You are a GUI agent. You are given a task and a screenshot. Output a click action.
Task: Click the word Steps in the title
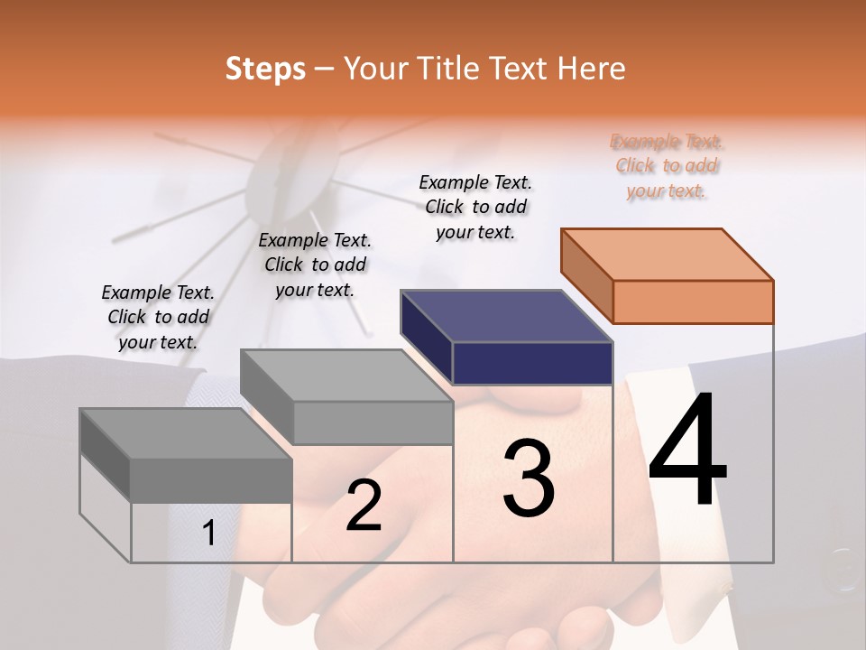tap(265, 69)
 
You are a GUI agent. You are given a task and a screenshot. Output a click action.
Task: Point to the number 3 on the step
tap(529, 478)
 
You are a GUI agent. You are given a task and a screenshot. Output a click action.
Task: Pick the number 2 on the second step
tap(364, 506)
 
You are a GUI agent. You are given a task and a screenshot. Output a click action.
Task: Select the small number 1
tap(209, 534)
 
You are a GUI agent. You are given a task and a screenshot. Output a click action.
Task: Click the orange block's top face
tap(666, 255)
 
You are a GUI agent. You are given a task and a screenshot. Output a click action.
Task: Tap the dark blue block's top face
tap(506, 316)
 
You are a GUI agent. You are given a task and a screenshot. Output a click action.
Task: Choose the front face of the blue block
tap(532, 363)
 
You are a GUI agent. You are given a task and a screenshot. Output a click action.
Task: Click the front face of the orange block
tap(693, 302)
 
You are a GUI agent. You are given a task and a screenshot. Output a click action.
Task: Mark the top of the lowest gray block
tap(186, 433)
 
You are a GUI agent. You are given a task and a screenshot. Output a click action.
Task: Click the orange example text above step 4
tap(667, 166)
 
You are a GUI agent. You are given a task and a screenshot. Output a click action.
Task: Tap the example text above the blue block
tap(475, 207)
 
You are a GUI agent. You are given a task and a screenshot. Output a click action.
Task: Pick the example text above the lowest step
tap(158, 317)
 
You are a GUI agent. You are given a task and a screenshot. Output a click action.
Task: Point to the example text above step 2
tap(315, 265)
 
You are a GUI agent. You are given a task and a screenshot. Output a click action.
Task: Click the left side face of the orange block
tap(587, 275)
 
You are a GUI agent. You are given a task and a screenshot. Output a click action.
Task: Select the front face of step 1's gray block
tap(211, 480)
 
